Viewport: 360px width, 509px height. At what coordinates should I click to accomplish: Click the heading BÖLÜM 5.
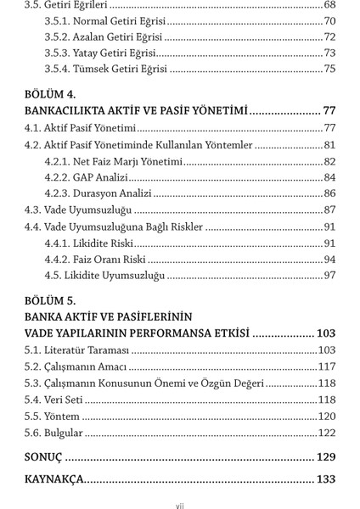52,299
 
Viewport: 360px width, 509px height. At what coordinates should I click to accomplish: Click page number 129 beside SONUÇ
326,456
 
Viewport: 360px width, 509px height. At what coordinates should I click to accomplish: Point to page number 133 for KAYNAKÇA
326,479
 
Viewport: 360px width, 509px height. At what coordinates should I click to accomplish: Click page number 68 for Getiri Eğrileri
329,4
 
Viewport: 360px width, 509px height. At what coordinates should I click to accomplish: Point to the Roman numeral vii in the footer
180,506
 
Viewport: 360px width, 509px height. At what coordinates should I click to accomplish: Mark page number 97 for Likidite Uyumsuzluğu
329,276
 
